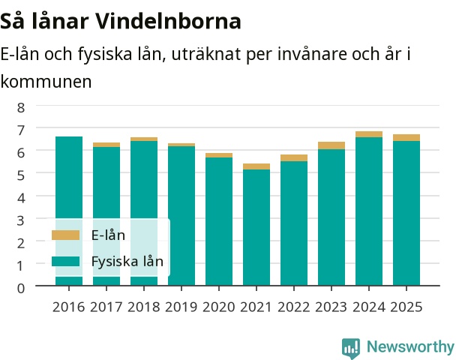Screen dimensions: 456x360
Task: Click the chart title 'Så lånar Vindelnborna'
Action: pyautogui.click(x=121, y=21)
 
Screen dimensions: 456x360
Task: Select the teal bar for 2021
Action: pyautogui.click(x=256, y=227)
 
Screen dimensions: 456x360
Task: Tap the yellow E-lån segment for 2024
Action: pyautogui.click(x=369, y=134)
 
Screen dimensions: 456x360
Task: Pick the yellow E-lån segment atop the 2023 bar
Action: pyautogui.click(x=331, y=145)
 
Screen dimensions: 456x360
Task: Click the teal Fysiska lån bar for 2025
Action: pyautogui.click(x=406, y=213)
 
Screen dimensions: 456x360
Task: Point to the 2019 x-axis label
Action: pyautogui.click(x=181, y=307)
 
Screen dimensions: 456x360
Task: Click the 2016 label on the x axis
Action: pyautogui.click(x=69, y=307)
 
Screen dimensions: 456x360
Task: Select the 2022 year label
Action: pyautogui.click(x=294, y=307)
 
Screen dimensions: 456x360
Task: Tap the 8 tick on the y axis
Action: pyautogui.click(x=21, y=107)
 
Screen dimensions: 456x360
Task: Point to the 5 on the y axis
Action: pyautogui.click(x=21, y=175)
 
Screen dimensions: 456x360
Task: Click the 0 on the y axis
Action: pyautogui.click(x=21, y=288)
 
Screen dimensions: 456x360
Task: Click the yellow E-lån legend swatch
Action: pyautogui.click(x=65, y=235)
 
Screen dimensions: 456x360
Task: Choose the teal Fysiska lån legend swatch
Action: pyautogui.click(x=65, y=261)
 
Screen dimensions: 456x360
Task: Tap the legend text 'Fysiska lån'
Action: pyautogui.click(x=127, y=262)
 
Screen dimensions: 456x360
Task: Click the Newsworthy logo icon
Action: pyautogui.click(x=351, y=348)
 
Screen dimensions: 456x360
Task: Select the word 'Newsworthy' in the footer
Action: pyautogui.click(x=410, y=347)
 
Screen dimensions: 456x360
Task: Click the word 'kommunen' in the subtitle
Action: pyautogui.click(x=46, y=82)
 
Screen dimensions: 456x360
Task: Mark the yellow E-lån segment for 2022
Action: pyautogui.click(x=294, y=158)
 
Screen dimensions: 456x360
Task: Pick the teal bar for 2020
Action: pyautogui.click(x=219, y=221)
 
